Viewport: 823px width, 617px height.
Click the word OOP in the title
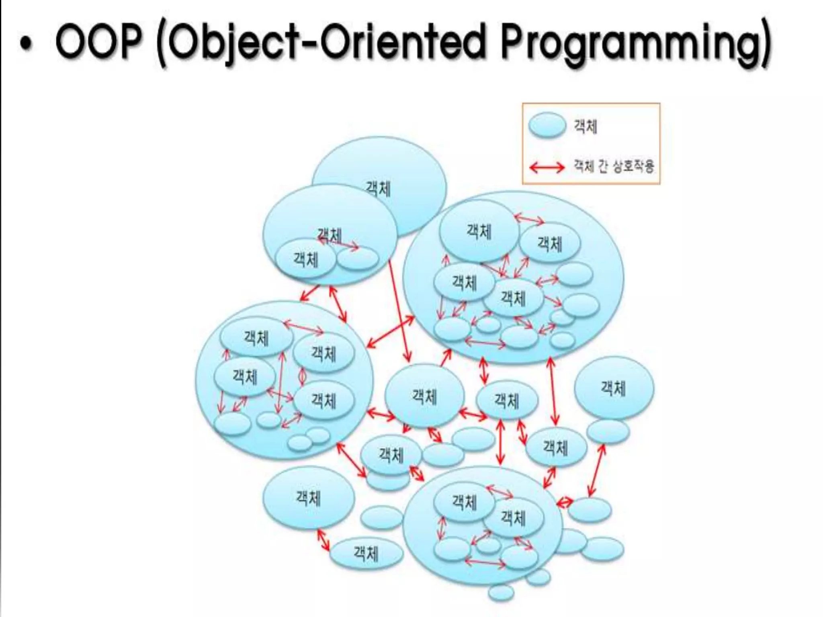coord(98,41)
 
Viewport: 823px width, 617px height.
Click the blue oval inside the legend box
coord(547,125)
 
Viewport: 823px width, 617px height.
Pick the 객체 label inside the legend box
coord(585,126)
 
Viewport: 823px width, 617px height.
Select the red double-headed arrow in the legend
coord(547,167)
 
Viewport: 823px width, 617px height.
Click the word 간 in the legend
coord(602,166)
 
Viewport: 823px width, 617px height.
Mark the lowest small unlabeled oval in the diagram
coord(501,592)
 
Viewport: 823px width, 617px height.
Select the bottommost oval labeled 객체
coord(366,554)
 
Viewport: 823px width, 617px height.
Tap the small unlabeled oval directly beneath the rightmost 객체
coord(608,431)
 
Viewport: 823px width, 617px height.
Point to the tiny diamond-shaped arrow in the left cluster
coord(302,376)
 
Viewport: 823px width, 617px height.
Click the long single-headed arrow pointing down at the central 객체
coord(399,311)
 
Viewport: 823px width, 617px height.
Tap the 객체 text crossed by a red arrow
coord(330,235)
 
